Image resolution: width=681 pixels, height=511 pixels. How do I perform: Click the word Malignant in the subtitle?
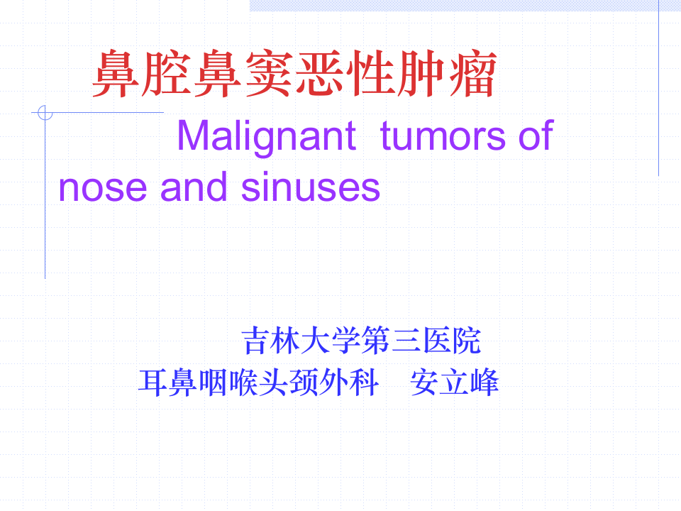click(265, 136)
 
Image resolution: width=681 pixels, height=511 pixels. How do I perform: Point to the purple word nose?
click(103, 187)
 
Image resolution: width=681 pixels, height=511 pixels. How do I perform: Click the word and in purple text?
click(194, 187)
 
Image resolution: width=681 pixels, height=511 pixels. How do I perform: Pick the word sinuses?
click(311, 187)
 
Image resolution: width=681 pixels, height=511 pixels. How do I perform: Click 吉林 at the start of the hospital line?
click(272, 341)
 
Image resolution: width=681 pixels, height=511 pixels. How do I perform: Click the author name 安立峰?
click(455, 384)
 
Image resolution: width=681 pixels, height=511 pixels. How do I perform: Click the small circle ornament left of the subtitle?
click(45, 112)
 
